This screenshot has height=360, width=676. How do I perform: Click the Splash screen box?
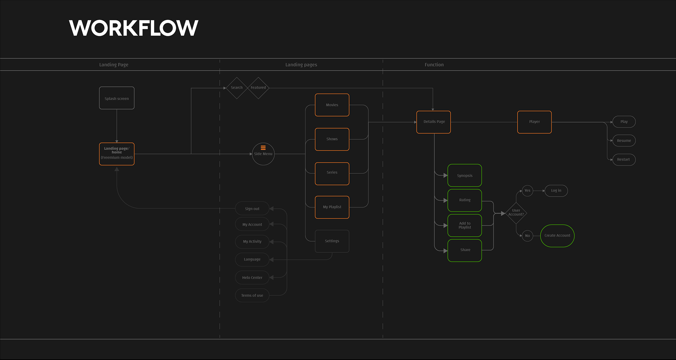pos(117,98)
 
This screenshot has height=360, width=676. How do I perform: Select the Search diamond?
pos(237,88)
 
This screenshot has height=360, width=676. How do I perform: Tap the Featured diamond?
pos(258,88)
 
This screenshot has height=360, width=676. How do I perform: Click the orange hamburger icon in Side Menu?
pos(263,148)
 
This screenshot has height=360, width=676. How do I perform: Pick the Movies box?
pos(332,105)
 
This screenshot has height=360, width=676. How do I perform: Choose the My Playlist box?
pos(332,207)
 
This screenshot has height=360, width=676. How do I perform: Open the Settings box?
pos(332,241)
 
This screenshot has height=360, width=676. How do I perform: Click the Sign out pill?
pos(252,209)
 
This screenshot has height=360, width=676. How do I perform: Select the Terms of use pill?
pos(252,295)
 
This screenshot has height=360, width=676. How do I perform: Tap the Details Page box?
pos(433,122)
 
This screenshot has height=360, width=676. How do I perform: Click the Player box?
pos(534,122)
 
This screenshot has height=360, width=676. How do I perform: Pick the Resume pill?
pos(624,141)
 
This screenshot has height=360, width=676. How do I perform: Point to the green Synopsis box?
pos(464,175)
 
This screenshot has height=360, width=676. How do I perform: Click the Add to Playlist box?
pos(464,225)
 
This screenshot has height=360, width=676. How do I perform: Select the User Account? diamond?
pos(516,213)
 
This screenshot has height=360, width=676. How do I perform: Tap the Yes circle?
pos(527,191)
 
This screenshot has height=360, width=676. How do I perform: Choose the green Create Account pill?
pos(557,236)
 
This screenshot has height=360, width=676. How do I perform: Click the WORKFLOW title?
pos(134,28)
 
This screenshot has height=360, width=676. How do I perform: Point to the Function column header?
pos(434,65)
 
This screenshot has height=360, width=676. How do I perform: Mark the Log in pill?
pos(556,191)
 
